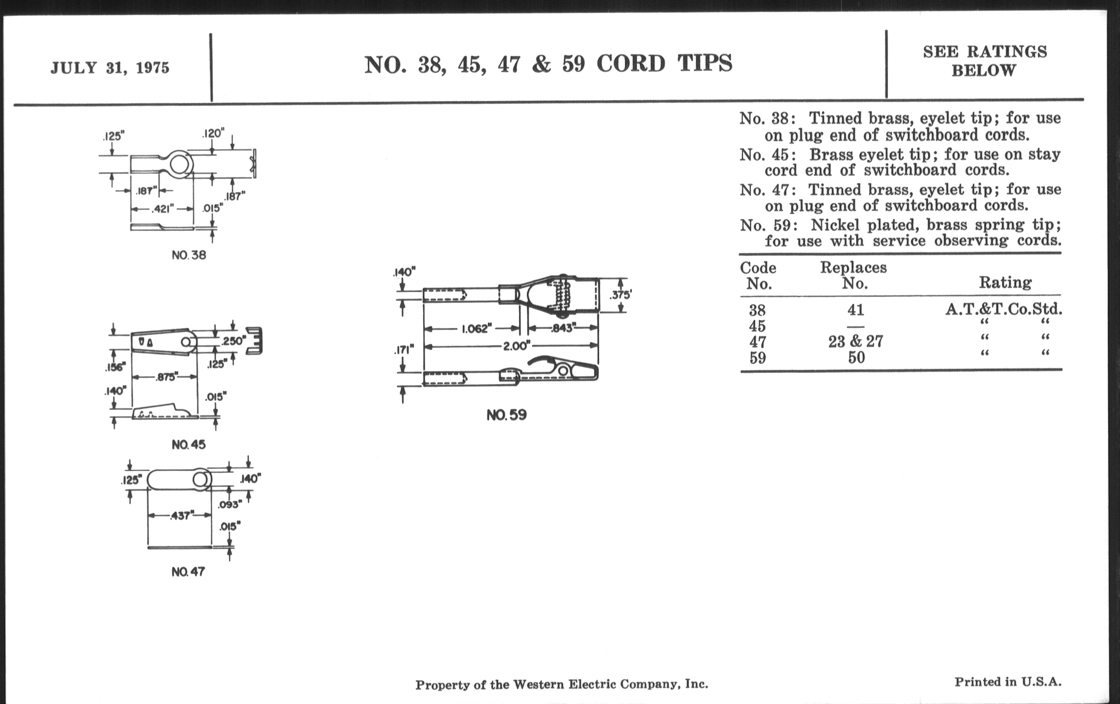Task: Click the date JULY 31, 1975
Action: pyautogui.click(x=110, y=68)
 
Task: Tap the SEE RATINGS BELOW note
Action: pyautogui.click(x=985, y=61)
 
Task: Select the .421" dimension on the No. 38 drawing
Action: pyautogui.click(x=162, y=209)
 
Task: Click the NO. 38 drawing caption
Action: pyautogui.click(x=188, y=255)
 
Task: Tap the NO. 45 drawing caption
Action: pyautogui.click(x=188, y=444)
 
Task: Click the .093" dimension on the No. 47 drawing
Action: pyautogui.click(x=230, y=504)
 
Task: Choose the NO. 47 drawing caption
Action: pyautogui.click(x=188, y=571)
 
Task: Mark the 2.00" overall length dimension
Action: pyautogui.click(x=516, y=346)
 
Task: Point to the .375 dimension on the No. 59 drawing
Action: pyautogui.click(x=620, y=294)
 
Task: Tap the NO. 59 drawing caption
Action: pyautogui.click(x=507, y=415)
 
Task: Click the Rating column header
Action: pyautogui.click(x=1005, y=282)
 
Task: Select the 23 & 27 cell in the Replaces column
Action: pyautogui.click(x=855, y=341)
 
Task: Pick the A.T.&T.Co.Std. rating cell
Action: pyautogui.click(x=1003, y=309)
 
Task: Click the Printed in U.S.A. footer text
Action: pyautogui.click(x=1008, y=682)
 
